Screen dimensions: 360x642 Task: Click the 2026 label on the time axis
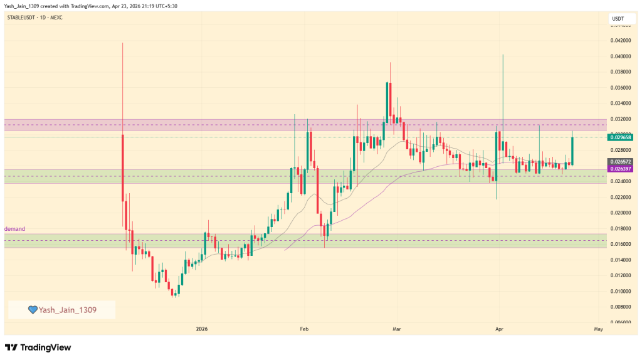(x=202, y=329)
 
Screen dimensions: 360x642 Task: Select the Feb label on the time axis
(x=304, y=329)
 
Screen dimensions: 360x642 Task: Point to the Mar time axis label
(x=396, y=329)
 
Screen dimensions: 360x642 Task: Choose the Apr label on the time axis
(x=499, y=329)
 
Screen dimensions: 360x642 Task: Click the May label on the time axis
(x=598, y=329)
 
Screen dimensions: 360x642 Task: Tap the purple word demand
(x=14, y=229)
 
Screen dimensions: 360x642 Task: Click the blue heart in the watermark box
(x=33, y=310)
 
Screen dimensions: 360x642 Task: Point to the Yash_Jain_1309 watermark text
(x=68, y=310)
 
